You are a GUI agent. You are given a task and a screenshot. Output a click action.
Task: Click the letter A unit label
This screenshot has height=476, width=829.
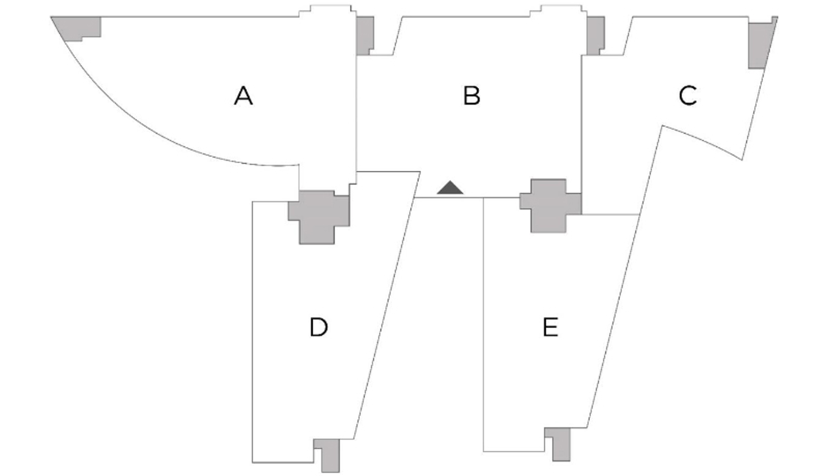pos(244,96)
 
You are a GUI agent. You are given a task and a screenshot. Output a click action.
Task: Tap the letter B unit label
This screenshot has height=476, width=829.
pos(471,96)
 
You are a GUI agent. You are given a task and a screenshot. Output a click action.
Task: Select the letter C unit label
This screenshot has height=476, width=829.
pos(688,96)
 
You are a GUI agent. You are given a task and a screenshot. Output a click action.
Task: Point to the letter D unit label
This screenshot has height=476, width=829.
pos(319,327)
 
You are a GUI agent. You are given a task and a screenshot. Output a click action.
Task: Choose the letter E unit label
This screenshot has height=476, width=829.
pos(550,327)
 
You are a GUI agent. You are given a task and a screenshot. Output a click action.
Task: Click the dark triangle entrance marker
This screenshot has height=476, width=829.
pos(450,188)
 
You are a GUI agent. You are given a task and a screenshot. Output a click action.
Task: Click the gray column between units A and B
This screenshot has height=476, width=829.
pos(364,35)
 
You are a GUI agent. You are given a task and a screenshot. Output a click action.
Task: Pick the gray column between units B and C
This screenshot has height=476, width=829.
pos(595,35)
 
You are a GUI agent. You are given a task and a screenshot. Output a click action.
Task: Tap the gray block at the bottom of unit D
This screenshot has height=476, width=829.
pos(330,456)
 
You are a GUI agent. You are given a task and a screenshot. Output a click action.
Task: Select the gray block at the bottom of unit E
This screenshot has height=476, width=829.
pos(561,445)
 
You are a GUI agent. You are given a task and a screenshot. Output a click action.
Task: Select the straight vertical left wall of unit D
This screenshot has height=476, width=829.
pos(252,331)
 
